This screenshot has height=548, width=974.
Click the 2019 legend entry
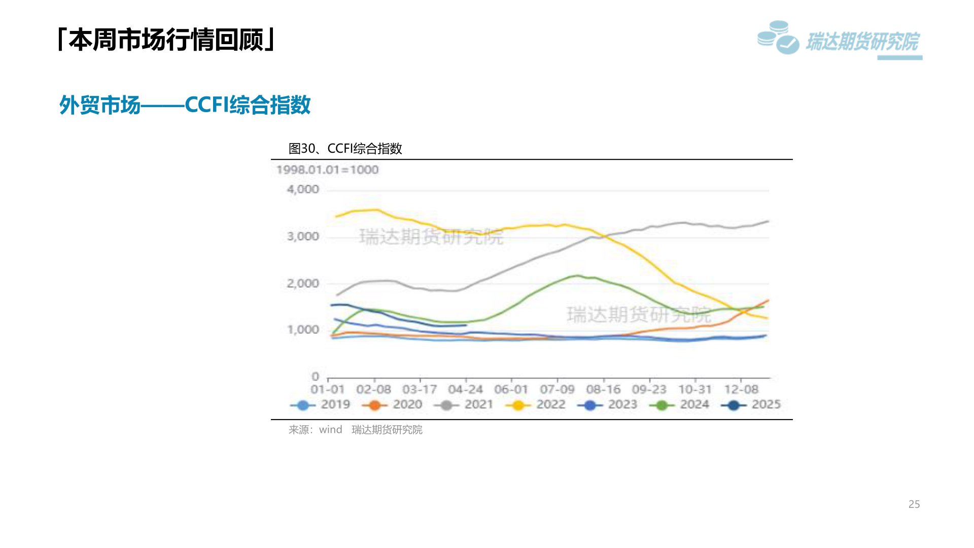point(321,404)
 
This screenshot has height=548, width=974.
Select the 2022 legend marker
point(518,405)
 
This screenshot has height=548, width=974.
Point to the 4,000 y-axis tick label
point(303,189)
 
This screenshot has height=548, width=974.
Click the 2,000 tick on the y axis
point(303,283)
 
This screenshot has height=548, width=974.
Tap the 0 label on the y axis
point(316,376)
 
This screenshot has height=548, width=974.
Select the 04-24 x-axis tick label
point(465,390)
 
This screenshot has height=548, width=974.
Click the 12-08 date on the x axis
point(741,390)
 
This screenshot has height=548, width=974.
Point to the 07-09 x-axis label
point(557,390)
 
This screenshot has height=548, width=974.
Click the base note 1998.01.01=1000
point(328,169)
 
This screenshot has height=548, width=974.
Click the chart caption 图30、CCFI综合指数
point(345,148)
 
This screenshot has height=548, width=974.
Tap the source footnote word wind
point(330,430)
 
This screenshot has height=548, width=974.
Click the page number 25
point(914,504)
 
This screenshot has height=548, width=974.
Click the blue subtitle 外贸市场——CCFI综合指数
point(185,105)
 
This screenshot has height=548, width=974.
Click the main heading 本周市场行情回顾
point(166,40)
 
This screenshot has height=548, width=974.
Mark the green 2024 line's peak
point(577,276)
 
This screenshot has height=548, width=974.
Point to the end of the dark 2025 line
point(466,325)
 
